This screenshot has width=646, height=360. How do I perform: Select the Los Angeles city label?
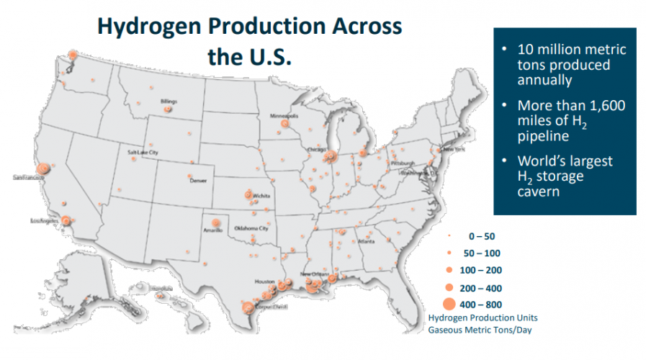[44, 220]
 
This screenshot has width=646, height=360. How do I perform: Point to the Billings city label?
[169, 102]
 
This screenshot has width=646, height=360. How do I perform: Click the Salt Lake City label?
[143, 153]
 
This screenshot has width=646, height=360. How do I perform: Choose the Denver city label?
[198, 181]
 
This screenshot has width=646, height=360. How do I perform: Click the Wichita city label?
[261, 195]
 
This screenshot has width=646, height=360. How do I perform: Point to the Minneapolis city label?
[284, 116]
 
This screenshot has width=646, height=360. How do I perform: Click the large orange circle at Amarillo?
[215, 222]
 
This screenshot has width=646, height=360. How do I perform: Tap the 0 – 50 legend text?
[482, 236]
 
